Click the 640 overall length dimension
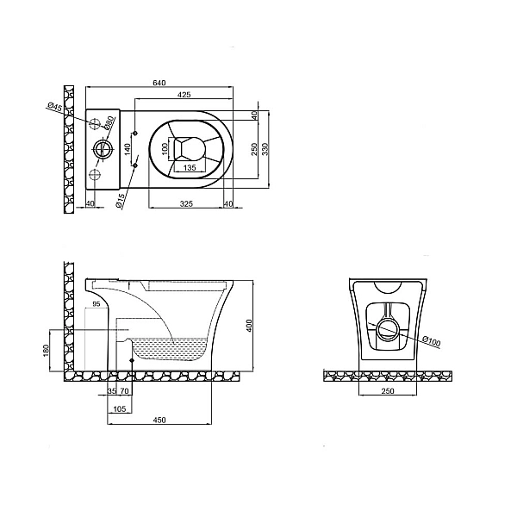(159, 83)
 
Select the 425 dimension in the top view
(184, 95)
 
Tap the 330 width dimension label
(265, 149)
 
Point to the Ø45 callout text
(55, 107)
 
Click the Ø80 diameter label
(109, 122)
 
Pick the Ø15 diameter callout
(121, 201)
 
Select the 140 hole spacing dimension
(128, 150)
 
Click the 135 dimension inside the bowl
(190, 167)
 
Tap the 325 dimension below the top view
(186, 203)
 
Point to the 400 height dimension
(249, 326)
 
